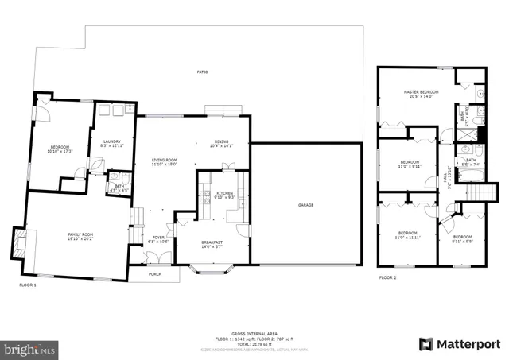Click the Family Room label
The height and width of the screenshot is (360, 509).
pos(80,234)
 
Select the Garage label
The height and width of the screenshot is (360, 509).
pos(305,205)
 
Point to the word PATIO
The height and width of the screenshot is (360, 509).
pos(203,72)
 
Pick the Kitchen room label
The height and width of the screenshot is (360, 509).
pos(224,193)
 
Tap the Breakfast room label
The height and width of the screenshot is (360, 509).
pos(212,243)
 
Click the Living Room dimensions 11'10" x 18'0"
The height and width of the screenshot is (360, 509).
pos(165,165)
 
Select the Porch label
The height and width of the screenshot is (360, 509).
pos(155,274)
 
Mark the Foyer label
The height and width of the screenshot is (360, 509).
pos(159,238)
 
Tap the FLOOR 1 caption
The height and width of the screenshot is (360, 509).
pos(28,284)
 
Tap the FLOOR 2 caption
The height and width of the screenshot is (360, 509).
pos(387,277)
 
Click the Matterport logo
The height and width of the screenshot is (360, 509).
pos(459,343)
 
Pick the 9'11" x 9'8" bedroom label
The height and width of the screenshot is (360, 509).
pos(462,238)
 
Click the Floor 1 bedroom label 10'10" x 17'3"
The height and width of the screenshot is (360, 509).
pos(60,149)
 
